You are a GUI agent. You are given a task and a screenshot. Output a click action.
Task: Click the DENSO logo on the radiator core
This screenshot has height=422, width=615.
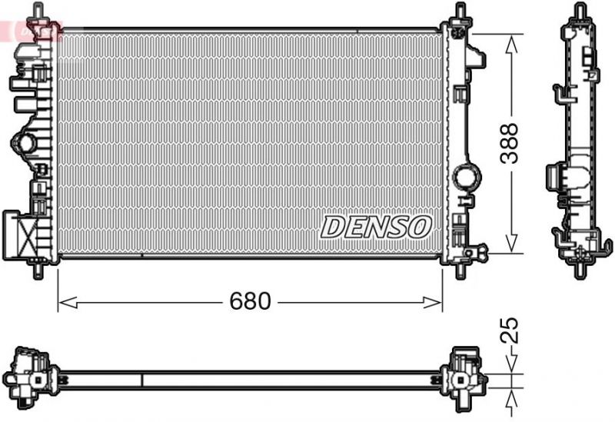click(x=376, y=226)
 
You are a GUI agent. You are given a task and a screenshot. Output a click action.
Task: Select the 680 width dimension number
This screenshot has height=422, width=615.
click(x=251, y=302)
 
